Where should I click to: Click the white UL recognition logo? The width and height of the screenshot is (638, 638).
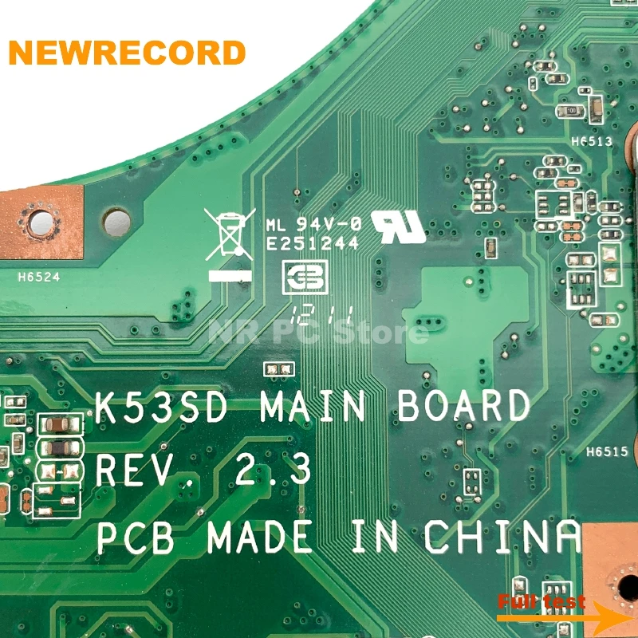pos(398,226)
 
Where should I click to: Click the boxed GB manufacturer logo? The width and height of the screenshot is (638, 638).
pos(305,278)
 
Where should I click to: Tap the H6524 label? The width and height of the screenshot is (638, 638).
pos(39,279)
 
